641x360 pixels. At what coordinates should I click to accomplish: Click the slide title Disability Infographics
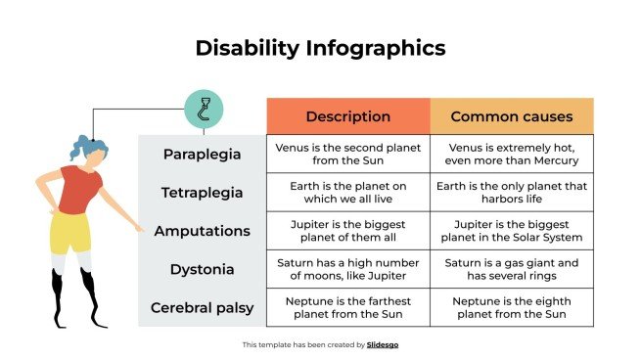coord(320,47)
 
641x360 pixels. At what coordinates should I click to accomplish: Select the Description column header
coord(347,116)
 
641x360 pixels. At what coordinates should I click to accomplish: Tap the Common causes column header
coord(511,116)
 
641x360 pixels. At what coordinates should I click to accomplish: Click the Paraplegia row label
coord(202,155)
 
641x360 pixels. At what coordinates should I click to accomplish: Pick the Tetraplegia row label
coord(202,193)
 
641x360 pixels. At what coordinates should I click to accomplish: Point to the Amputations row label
coord(202,231)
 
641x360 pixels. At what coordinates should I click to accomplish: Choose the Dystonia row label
coord(202,269)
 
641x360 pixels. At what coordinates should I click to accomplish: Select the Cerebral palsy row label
coord(202,307)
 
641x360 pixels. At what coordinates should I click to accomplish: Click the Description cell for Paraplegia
coord(347,155)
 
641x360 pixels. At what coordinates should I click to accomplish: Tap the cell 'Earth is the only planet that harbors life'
coord(511,193)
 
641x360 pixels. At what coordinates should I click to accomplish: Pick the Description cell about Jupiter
coord(347,231)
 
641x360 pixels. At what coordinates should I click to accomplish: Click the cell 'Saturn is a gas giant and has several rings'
coord(511,269)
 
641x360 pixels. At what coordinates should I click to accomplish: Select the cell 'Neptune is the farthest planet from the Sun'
coord(347,307)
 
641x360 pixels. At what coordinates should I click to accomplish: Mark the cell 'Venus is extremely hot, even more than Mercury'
coord(511,155)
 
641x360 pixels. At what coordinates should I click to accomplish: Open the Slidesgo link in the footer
coord(383,344)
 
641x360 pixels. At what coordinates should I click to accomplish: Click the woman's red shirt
coord(77,189)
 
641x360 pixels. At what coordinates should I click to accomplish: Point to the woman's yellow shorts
coord(70,232)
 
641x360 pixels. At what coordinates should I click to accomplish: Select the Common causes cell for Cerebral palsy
coord(511,307)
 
